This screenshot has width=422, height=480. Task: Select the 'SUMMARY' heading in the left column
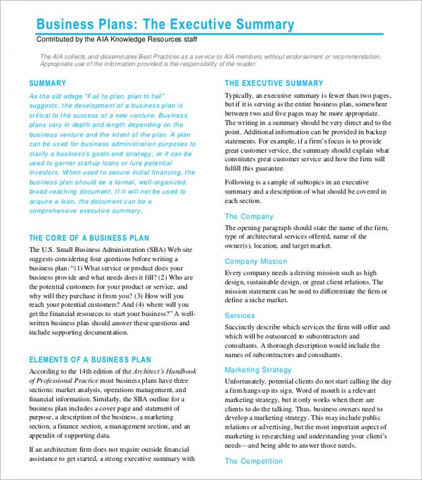point(48,83)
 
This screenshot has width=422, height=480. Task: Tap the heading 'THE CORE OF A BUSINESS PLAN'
point(89,238)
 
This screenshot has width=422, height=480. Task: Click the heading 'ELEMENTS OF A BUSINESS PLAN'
point(90,360)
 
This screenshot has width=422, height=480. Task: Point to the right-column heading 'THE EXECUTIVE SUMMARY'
point(274,83)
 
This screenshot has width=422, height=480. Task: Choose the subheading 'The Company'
point(249,217)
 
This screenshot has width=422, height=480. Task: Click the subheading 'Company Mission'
point(256,262)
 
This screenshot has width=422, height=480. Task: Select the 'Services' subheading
point(240,316)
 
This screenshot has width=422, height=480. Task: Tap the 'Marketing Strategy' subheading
point(258,370)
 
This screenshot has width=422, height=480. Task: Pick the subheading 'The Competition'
point(253,461)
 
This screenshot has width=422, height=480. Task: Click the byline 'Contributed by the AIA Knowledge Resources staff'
point(117,39)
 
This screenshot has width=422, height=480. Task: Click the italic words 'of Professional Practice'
point(62,381)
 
